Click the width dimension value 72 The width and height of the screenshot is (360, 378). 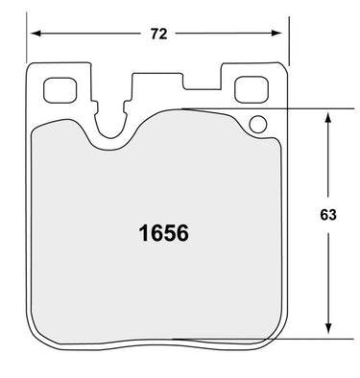pyautogui.click(x=159, y=34)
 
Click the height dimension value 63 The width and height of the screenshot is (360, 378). pyautogui.click(x=328, y=215)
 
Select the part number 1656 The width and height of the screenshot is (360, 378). pyautogui.click(x=163, y=233)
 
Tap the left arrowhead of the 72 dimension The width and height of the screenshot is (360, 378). pyautogui.click(x=36, y=34)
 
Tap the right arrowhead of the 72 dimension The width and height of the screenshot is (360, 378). pyautogui.click(x=276, y=33)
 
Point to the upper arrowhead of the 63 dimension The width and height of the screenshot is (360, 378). pyautogui.click(x=327, y=117)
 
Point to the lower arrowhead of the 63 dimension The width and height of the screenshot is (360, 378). pyautogui.click(x=328, y=328)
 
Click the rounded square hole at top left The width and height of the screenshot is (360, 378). pyautogui.click(x=60, y=90)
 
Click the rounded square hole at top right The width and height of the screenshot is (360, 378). pyautogui.click(x=252, y=89)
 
